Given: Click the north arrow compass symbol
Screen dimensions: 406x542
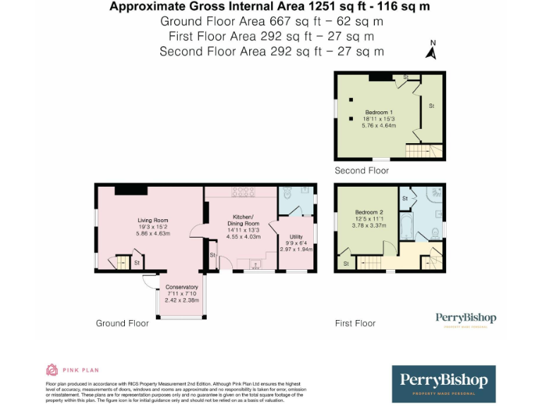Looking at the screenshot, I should coord(431,50).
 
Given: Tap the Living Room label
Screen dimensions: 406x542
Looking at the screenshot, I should coord(152,221).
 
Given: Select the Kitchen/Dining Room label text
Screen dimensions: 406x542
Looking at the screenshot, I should coord(242,219).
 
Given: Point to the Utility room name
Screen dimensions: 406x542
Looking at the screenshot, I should coord(296,237).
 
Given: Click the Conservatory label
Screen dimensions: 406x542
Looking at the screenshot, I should coord(181,288).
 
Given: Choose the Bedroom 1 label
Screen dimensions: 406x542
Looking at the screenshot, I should coord(378,113).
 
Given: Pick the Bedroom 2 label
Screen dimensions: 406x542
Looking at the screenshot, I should coord(369,212).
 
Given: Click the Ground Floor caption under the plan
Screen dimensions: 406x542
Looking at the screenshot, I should coord(122,324).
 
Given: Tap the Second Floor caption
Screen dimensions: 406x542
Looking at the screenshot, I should coord(361,171).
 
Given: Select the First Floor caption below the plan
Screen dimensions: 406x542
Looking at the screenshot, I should coord(355,324).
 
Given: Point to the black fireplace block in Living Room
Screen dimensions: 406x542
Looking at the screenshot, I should coord(131,189).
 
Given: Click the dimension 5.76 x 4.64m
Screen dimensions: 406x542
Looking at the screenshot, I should coord(378,126).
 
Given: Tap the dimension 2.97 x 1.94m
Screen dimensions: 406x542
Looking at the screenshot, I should coord(296,250).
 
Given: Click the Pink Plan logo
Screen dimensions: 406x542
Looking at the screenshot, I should coord(73,369).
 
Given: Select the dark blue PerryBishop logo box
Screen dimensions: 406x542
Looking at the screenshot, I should coord(443,383).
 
